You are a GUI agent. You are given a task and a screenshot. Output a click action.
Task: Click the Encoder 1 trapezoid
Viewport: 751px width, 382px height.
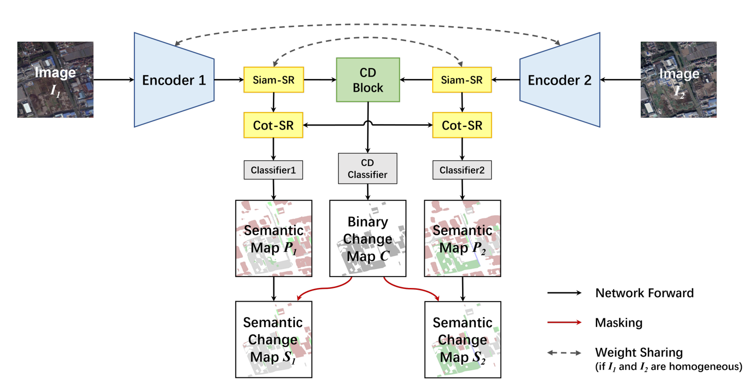[174, 80]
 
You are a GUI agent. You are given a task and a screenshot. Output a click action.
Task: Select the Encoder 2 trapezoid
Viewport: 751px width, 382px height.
[560, 80]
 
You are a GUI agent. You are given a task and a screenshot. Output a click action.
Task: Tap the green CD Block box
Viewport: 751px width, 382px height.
[368, 80]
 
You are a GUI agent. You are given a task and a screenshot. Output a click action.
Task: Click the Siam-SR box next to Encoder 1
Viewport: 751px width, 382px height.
[274, 80]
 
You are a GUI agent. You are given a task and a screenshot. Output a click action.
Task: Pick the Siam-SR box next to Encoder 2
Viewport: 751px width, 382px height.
[462, 80]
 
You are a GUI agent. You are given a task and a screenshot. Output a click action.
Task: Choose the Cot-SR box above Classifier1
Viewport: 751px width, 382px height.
[273, 125]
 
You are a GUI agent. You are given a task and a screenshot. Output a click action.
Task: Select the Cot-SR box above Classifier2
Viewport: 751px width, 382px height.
[462, 125]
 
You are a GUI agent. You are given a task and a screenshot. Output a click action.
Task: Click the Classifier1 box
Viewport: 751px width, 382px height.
[273, 170]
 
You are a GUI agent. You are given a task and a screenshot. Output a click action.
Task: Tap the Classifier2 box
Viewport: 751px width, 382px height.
[462, 170]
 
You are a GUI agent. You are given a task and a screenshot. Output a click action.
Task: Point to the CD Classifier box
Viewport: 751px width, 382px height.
[368, 168]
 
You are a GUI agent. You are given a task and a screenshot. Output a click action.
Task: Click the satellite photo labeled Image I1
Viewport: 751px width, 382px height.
[55, 80]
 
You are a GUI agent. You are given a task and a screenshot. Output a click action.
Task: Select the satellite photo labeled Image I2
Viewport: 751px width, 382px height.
[679, 80]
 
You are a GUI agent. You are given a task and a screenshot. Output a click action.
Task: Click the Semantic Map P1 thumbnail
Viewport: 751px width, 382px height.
[274, 239]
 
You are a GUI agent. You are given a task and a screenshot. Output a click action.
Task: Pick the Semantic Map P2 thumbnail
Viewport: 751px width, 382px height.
[463, 239]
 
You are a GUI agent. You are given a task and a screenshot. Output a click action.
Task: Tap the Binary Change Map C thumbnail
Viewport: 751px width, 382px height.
[368, 239]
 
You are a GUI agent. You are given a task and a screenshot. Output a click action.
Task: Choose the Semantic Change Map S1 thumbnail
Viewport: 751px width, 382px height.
[274, 340]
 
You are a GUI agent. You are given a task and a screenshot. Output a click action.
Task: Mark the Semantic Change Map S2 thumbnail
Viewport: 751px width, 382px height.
[463, 340]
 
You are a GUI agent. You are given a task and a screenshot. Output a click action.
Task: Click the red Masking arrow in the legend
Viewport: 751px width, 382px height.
[564, 322]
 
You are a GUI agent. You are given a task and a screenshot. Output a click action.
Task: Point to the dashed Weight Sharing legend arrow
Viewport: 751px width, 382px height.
[564, 353]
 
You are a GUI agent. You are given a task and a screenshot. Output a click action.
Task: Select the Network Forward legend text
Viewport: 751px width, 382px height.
[644, 293]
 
